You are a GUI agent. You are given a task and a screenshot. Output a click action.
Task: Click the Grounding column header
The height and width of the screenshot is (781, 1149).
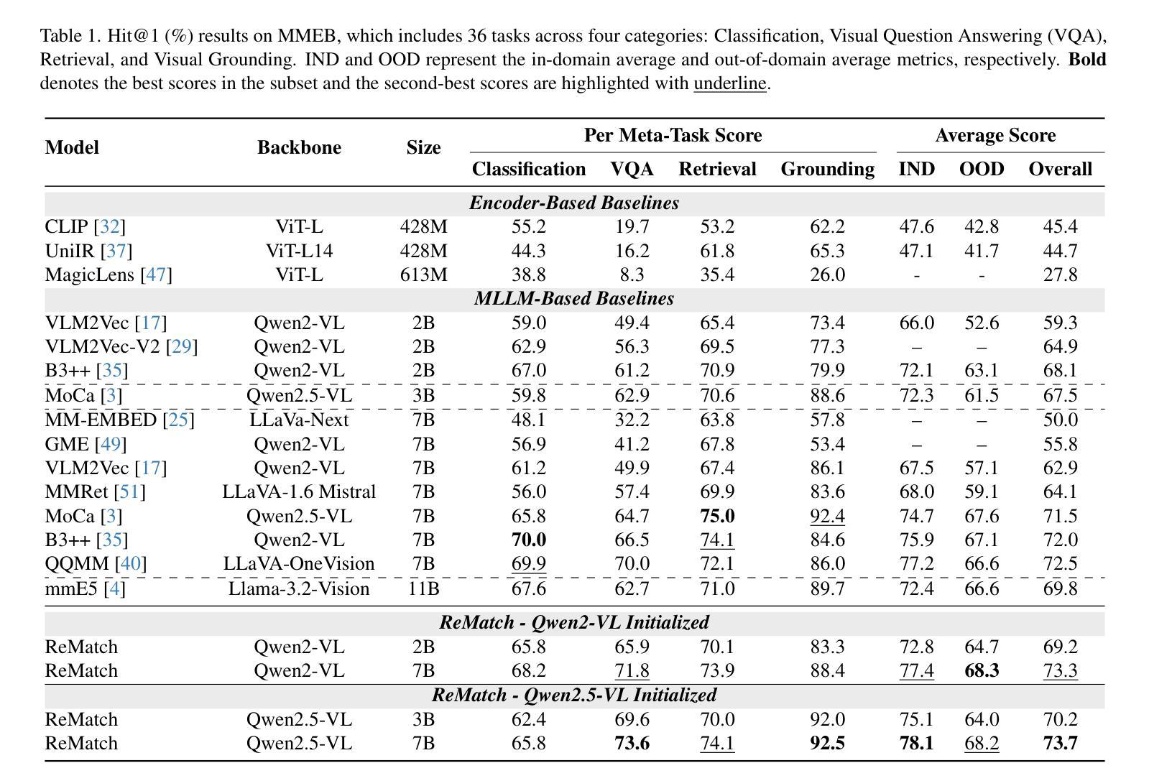point(827,169)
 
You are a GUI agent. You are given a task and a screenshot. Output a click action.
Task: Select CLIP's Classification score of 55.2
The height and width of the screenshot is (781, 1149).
point(528,227)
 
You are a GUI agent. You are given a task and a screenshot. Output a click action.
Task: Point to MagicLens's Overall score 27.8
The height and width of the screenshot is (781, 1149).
point(1060,275)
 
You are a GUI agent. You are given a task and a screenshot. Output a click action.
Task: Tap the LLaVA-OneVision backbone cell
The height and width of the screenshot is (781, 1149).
point(299,564)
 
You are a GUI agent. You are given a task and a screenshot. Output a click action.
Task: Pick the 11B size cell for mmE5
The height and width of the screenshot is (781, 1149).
point(423,589)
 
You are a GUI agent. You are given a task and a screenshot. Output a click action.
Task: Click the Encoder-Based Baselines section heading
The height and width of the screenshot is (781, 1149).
point(574,203)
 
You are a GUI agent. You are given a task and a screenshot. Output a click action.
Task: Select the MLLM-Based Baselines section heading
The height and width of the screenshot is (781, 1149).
point(574,299)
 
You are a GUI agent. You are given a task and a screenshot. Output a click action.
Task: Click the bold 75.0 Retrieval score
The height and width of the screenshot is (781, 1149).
point(717,517)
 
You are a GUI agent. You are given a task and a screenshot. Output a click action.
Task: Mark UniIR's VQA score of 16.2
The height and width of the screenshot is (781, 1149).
point(632,251)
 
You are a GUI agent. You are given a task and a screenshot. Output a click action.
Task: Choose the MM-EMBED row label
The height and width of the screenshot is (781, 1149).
point(101,420)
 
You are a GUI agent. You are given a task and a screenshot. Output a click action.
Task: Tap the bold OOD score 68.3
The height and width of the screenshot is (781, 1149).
point(982,671)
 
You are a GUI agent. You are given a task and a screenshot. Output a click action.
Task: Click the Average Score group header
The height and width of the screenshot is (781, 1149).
point(995,136)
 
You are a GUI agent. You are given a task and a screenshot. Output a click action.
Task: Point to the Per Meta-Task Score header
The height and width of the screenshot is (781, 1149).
point(673,136)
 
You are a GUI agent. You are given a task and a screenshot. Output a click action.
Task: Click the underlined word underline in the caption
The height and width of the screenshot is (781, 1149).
point(729,83)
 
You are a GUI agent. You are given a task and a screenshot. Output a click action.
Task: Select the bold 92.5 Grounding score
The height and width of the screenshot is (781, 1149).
point(827,744)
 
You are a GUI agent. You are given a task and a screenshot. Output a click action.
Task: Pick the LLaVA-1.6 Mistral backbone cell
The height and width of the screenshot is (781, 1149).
point(299,492)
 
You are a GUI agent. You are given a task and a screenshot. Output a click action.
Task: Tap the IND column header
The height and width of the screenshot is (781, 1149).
point(916,169)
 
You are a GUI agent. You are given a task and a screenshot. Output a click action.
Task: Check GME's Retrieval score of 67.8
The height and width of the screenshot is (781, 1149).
point(717,445)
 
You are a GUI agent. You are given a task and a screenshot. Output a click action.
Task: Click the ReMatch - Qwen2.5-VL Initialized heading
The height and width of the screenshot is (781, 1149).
point(574,695)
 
